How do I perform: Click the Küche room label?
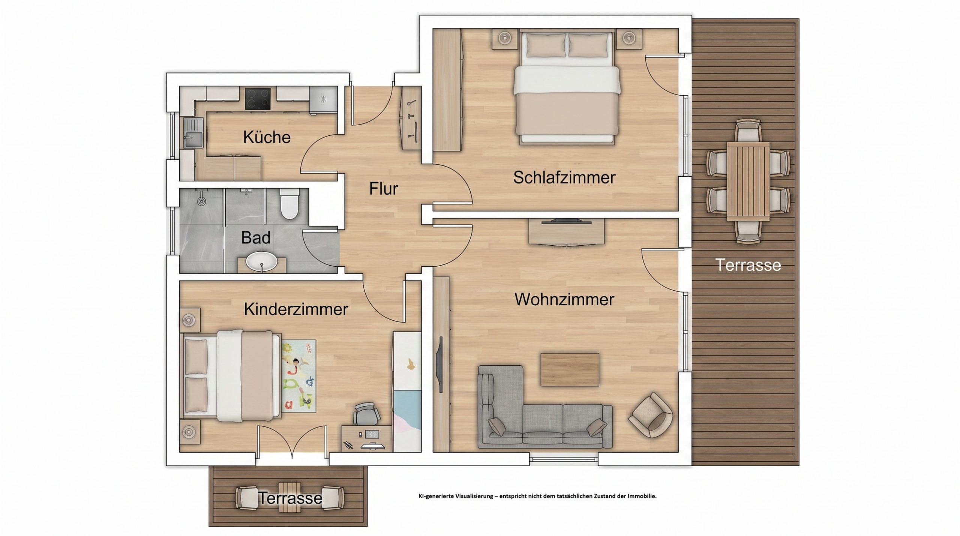click(267, 137)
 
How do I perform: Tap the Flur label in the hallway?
click(383, 189)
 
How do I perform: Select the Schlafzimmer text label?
click(564, 177)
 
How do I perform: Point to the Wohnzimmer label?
click(564, 300)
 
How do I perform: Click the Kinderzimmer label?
click(296, 309)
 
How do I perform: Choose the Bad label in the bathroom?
click(256, 237)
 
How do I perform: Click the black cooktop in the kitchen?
click(257, 98)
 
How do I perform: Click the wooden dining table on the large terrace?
click(748, 182)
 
